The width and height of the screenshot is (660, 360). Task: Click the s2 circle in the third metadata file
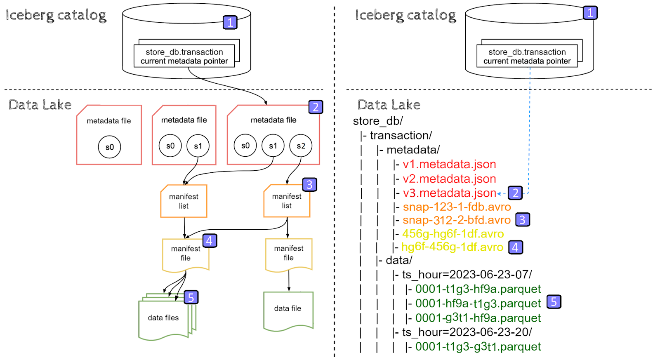[x=301, y=146]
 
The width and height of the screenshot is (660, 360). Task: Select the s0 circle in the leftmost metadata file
[x=109, y=147]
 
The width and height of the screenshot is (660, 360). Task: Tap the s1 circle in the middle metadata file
[x=198, y=146]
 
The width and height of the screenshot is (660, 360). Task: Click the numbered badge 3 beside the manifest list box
[x=309, y=184]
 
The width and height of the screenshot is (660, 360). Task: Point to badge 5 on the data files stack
[x=191, y=297]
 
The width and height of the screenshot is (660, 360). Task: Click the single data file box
[x=288, y=310]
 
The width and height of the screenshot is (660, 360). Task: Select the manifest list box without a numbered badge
[x=184, y=201]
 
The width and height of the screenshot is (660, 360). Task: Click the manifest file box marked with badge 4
[x=186, y=254]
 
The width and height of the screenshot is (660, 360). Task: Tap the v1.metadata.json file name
[x=449, y=165]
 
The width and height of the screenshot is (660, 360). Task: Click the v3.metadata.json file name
[x=449, y=193]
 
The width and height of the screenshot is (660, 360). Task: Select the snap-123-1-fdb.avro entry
[x=457, y=207]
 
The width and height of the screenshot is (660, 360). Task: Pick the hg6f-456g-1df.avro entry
[x=452, y=247]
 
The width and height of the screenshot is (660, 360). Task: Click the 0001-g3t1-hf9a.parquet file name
[x=478, y=318]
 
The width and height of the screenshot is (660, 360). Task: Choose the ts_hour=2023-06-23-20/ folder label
[x=467, y=332]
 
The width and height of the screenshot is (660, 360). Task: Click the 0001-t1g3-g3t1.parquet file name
[x=478, y=347]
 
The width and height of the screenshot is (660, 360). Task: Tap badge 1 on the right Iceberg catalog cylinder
[x=590, y=13]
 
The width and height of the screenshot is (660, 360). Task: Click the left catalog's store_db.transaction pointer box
[x=184, y=56]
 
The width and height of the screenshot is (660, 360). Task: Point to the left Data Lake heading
[x=40, y=105]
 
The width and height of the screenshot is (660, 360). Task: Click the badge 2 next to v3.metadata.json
[x=515, y=193]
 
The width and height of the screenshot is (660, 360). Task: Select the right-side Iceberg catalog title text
[x=405, y=15]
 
